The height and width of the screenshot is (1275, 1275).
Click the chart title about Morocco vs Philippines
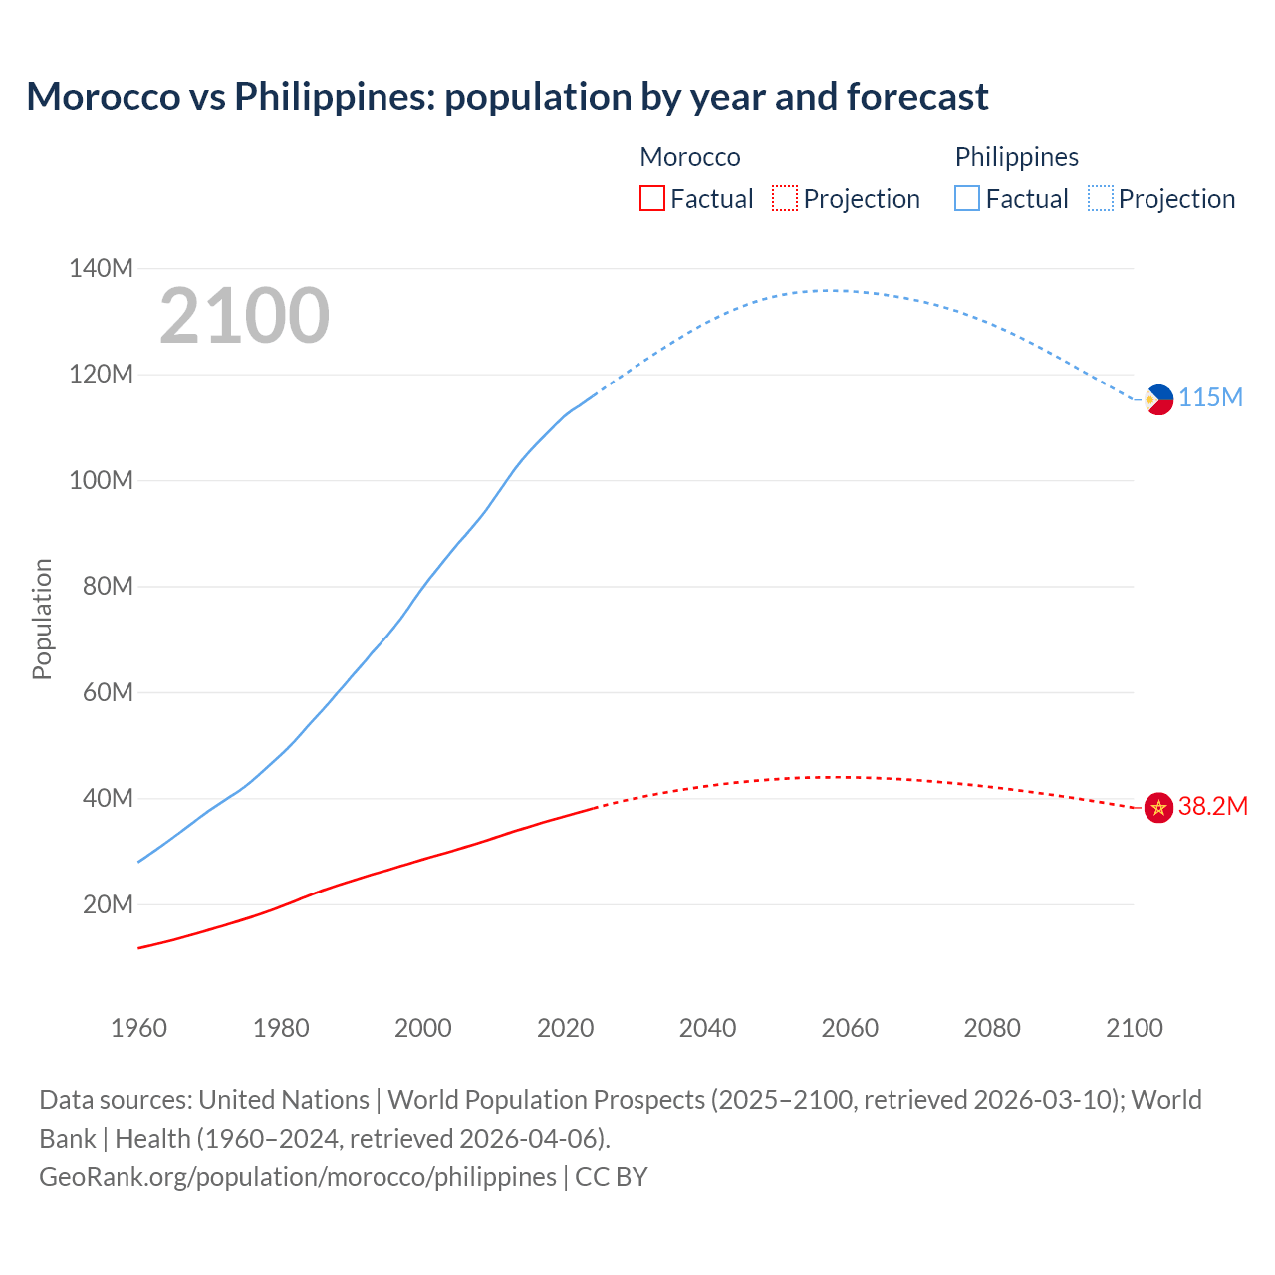[x=507, y=97]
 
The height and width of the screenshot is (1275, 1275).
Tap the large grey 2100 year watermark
[x=244, y=316]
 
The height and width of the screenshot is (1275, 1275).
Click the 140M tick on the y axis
[x=101, y=268]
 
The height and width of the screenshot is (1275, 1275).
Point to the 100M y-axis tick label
[x=101, y=480]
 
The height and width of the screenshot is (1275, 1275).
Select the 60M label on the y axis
[x=108, y=692]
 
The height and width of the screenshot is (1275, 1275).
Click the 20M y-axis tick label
[x=108, y=904]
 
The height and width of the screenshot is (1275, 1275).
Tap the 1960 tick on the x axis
[x=138, y=1028]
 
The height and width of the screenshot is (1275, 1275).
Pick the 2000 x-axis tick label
[x=423, y=1028]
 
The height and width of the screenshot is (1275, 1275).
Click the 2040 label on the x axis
[x=707, y=1028]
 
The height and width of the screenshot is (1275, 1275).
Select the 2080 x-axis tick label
[x=992, y=1028]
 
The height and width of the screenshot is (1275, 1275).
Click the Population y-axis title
[x=42, y=619]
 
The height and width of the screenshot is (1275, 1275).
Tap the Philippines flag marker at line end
[x=1158, y=399]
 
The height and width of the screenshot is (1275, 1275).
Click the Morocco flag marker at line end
[x=1158, y=807]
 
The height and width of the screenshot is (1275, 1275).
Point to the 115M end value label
[x=1210, y=398]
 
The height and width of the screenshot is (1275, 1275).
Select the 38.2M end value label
[x=1212, y=806]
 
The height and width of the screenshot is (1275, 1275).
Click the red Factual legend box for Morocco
[x=651, y=199]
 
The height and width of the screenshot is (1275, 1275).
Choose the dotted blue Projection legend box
[x=1100, y=199]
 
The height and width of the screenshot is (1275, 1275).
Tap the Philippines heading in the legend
[x=1016, y=157]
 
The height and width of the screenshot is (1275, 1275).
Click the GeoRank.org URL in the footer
[x=298, y=1177]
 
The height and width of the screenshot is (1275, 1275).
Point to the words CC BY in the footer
[x=612, y=1177]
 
